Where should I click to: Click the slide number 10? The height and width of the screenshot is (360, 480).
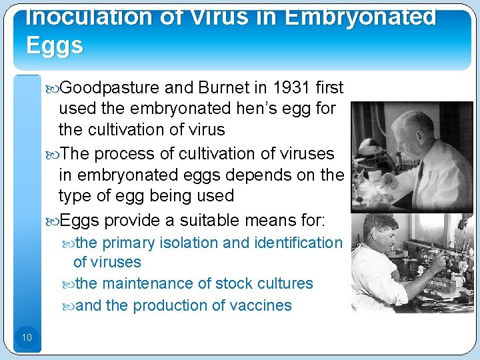(x=27, y=337)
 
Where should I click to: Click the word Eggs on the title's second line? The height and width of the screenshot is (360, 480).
(x=55, y=45)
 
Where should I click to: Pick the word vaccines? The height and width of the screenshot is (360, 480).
(x=259, y=305)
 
